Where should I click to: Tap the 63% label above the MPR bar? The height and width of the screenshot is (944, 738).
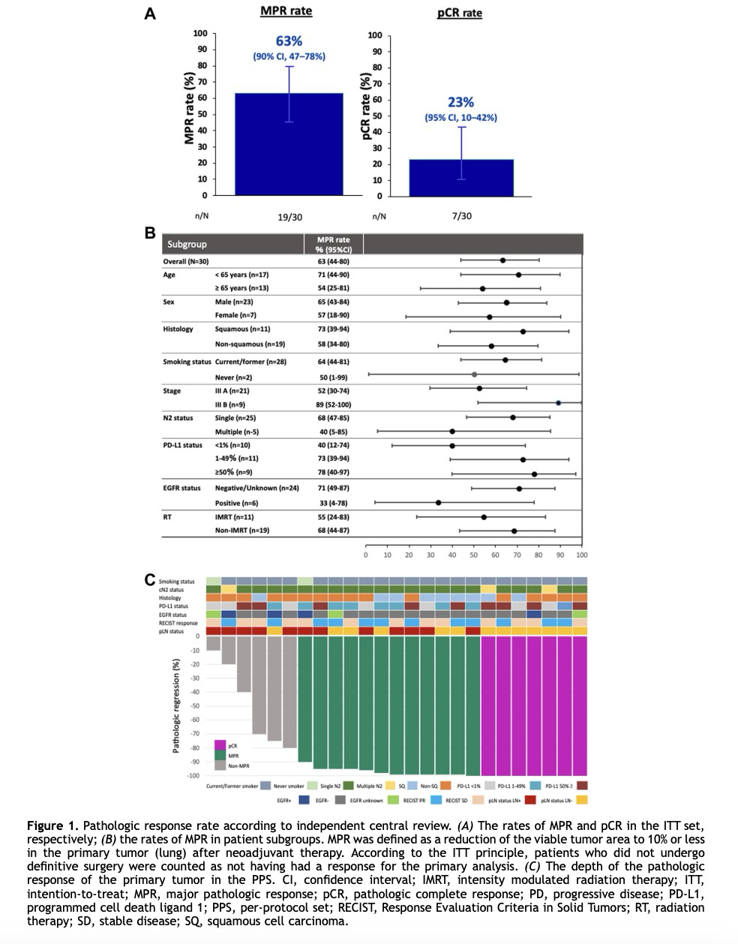[x=289, y=41]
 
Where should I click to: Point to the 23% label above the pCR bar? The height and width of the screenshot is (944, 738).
[x=460, y=102]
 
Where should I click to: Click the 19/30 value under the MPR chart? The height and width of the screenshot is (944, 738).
[x=289, y=217]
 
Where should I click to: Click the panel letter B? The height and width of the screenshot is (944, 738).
[x=150, y=233]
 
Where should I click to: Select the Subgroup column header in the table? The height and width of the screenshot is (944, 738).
[x=187, y=245]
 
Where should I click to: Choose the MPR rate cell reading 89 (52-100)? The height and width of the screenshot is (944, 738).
[x=333, y=404]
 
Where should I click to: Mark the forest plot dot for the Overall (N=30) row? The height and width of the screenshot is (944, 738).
[x=502, y=260]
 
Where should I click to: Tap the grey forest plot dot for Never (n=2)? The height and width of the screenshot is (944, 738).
[x=474, y=374]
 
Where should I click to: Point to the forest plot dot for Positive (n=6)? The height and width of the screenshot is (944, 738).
[x=438, y=502]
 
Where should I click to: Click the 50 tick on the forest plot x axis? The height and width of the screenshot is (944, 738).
[x=474, y=555]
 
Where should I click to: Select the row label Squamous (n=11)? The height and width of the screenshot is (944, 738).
[x=242, y=329]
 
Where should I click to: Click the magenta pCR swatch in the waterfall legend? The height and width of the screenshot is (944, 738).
[x=220, y=745]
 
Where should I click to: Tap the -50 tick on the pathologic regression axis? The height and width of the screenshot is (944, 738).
[x=194, y=706]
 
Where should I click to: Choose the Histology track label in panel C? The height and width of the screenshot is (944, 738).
[x=169, y=598]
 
